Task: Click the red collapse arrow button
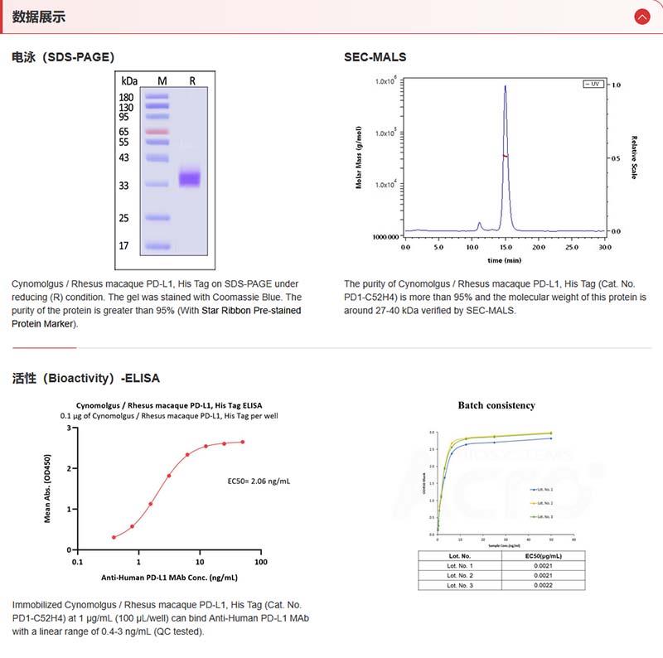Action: point(641,17)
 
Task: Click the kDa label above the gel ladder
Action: point(128,81)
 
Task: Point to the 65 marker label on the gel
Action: point(124,132)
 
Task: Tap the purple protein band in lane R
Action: point(191,177)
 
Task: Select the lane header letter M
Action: point(162,81)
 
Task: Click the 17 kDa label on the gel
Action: point(124,246)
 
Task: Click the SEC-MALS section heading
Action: point(375,57)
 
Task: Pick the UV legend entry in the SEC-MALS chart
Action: point(593,85)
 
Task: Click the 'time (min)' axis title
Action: point(504,259)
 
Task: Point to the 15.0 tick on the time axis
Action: point(505,247)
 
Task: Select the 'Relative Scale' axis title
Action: point(634,157)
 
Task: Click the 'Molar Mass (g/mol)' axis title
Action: point(359,157)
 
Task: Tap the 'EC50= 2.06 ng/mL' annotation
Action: point(259,481)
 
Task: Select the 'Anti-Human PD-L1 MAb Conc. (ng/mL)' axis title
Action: point(169,578)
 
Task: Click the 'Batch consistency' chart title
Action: point(496,405)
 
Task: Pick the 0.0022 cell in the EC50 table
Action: point(543,585)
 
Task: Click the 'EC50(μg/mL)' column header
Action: point(543,555)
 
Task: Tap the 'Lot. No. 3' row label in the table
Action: point(460,585)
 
